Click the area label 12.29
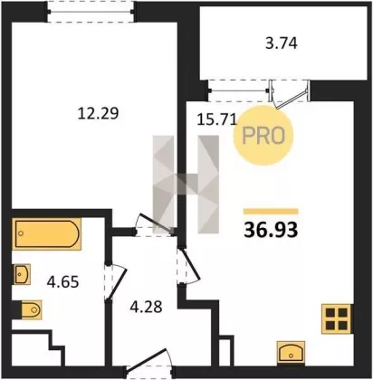pyautogui.click(x=98, y=114)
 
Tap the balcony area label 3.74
pyautogui.click(x=282, y=43)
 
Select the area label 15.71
pyautogui.click(x=216, y=119)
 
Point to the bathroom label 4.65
pyautogui.click(x=62, y=282)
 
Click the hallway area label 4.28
pyautogui.click(x=146, y=307)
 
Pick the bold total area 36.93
pyautogui.click(x=271, y=230)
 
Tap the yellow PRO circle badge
pyautogui.click(x=263, y=136)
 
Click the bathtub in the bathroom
pyautogui.click(x=46, y=234)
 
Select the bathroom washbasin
pyautogui.click(x=22, y=274)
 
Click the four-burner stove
pyautogui.click(x=337, y=318)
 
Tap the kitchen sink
pyautogui.click(x=291, y=353)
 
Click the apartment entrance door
pyautogui.click(x=149, y=365)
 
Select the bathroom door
pyautogui.click(x=114, y=281)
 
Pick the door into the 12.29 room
pyautogui.click(x=155, y=225)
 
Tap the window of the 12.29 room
pyautogui.click(x=91, y=12)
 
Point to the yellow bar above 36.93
pyautogui.click(x=271, y=212)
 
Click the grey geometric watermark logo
pyautogui.click(x=186, y=185)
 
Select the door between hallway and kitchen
pyautogui.click(x=187, y=266)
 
